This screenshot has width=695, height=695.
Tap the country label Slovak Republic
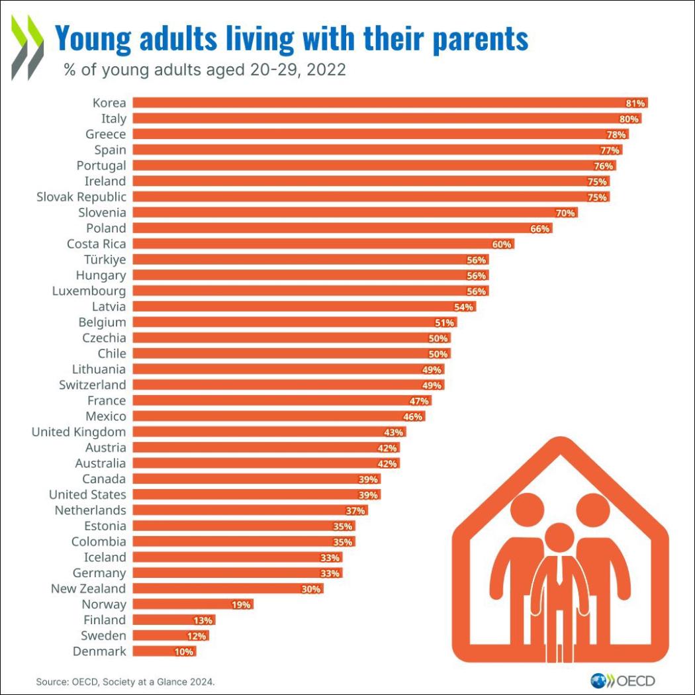(81, 197)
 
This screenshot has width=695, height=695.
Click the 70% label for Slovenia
(566, 213)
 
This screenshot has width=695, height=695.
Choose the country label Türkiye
(105, 259)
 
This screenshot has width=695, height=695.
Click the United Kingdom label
(79, 432)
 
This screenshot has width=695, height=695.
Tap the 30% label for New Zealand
(311, 589)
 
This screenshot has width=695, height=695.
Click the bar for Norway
(192, 604)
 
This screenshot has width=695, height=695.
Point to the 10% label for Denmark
(185, 652)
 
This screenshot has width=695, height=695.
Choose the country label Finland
(105, 620)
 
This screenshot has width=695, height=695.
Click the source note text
(126, 681)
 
